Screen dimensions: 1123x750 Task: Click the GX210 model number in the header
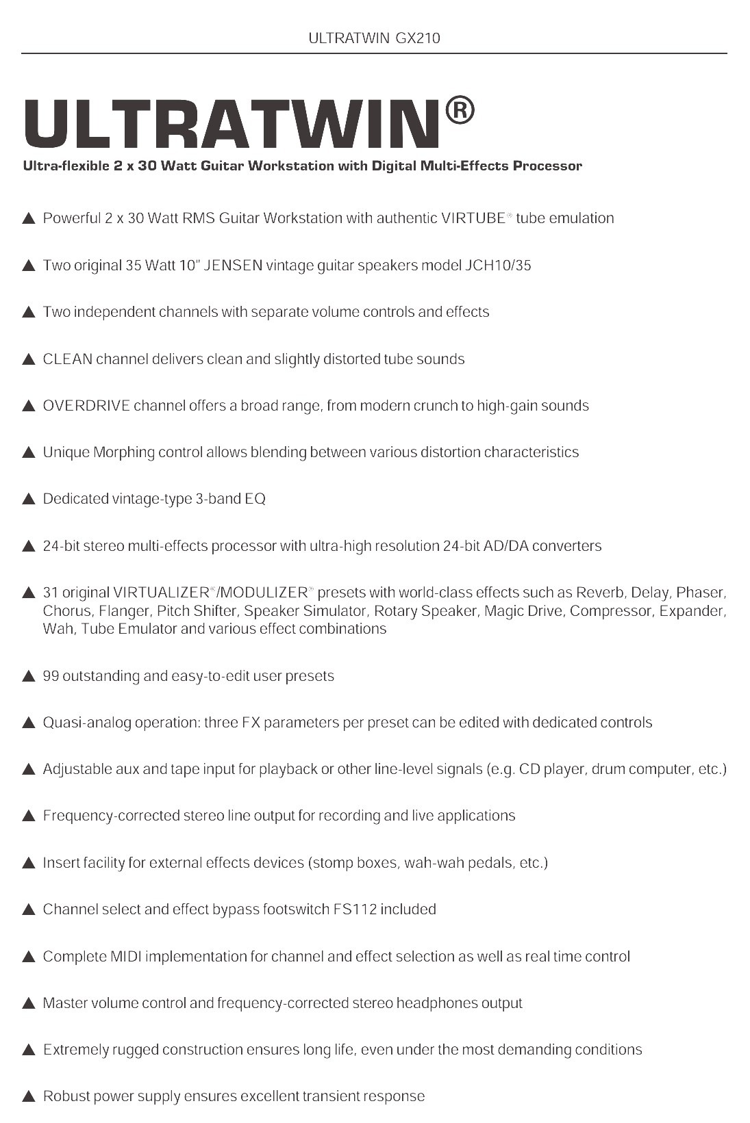point(418,38)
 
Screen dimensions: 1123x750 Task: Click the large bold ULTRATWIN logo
point(232,124)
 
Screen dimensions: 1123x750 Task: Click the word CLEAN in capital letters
point(67,359)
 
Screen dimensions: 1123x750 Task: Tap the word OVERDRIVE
point(86,406)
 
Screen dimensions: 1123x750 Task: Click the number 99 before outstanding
point(51,676)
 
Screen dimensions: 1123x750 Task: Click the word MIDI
point(125,957)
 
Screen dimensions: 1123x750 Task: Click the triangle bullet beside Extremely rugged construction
point(29,1050)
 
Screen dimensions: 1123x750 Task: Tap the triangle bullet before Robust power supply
point(29,1097)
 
